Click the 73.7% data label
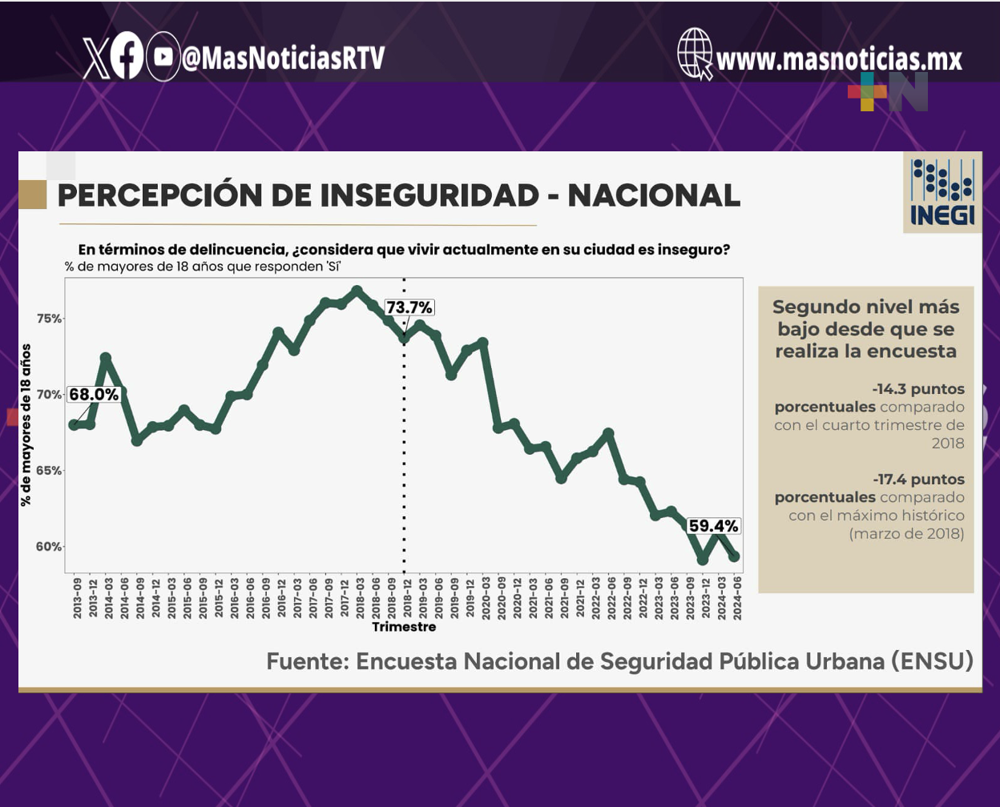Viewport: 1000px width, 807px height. pyautogui.click(x=409, y=307)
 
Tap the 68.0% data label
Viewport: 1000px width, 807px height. pyautogui.click(x=94, y=395)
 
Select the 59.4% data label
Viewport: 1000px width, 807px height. pyautogui.click(x=713, y=526)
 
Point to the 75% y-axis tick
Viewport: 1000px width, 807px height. pyautogui.click(x=50, y=319)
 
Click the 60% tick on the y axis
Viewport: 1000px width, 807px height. pyautogui.click(x=50, y=547)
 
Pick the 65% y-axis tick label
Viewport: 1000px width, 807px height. pyautogui.click(x=50, y=471)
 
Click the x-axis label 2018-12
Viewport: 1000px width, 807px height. pyautogui.click(x=407, y=598)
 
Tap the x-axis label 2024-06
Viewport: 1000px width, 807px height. pyautogui.click(x=737, y=598)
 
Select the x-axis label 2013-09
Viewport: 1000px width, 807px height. pyautogui.click(x=77, y=598)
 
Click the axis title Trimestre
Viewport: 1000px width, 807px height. pyautogui.click(x=404, y=627)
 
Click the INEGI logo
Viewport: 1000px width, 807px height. pyautogui.click(x=942, y=192)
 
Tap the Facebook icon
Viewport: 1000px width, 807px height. pyautogui.click(x=127, y=56)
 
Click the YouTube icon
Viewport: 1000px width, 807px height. pyautogui.click(x=163, y=57)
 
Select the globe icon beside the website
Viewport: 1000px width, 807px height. pyautogui.click(x=695, y=53)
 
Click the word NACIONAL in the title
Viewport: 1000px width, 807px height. pyautogui.click(x=654, y=195)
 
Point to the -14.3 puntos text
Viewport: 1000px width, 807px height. pyautogui.click(x=918, y=389)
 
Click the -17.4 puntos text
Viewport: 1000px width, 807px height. pyautogui.click(x=919, y=480)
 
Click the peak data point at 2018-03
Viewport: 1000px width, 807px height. pyautogui.click(x=357, y=291)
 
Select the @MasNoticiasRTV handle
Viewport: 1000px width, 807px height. pyautogui.click(x=283, y=58)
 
